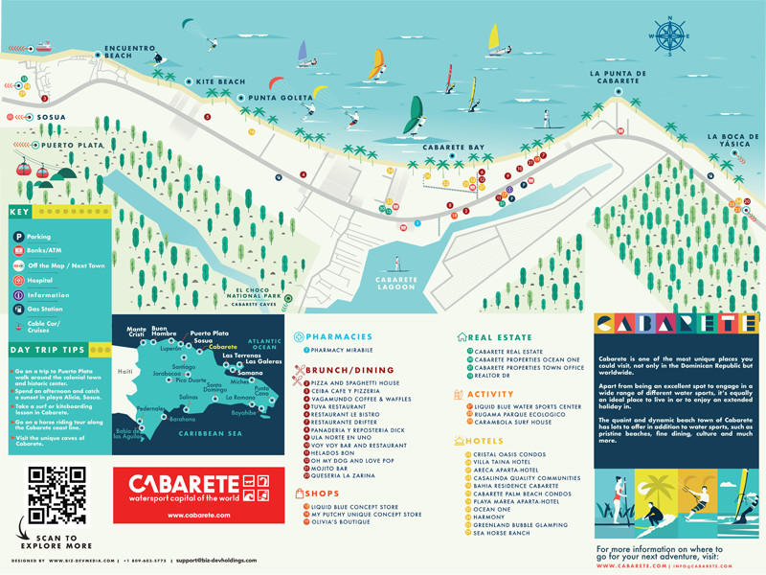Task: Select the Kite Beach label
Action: [x=220, y=82]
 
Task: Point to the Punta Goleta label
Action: [x=281, y=98]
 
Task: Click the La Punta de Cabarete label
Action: [x=619, y=78]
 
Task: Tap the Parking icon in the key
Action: [x=19, y=235]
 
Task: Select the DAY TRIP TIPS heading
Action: [x=48, y=349]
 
